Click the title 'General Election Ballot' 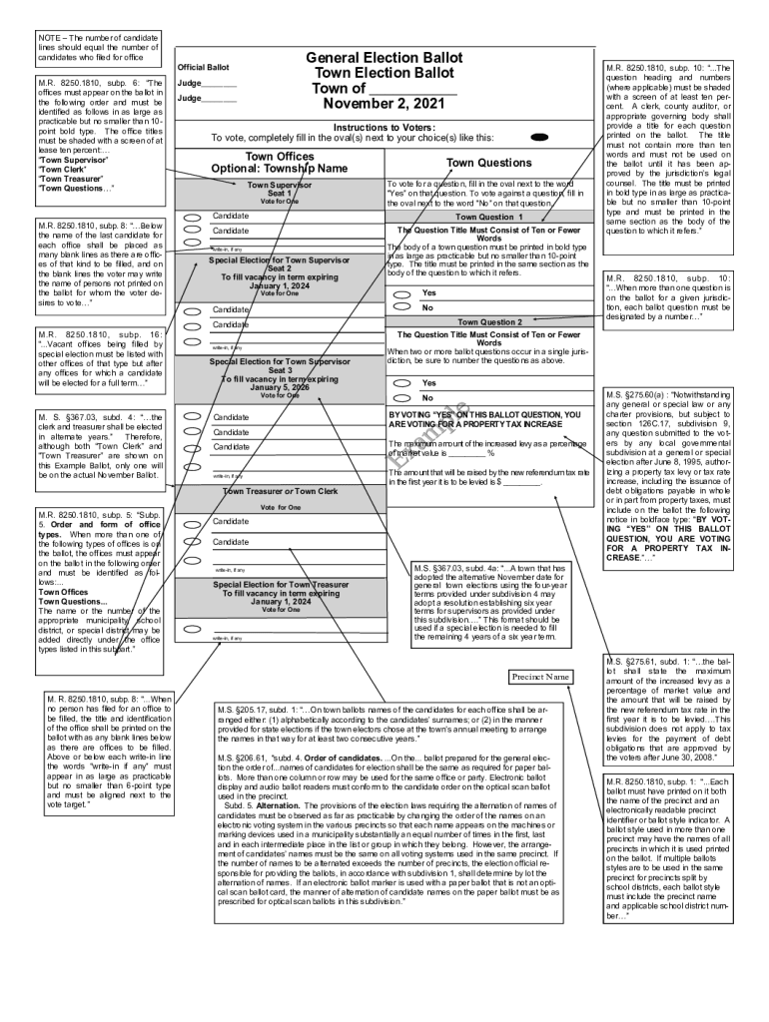tap(384, 59)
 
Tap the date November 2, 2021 tap(384, 104)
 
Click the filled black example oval tap(540, 137)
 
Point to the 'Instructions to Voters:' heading tap(384, 127)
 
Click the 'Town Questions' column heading tap(488, 163)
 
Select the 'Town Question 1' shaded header tap(488, 217)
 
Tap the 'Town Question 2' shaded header tap(488, 322)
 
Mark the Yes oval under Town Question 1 tap(401, 294)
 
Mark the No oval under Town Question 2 tap(401, 398)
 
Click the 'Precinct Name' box tap(540, 677)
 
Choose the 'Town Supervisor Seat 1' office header tap(279, 190)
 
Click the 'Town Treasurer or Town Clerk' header tap(279, 491)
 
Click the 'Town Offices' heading tap(279, 157)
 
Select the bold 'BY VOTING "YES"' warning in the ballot tap(484, 419)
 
